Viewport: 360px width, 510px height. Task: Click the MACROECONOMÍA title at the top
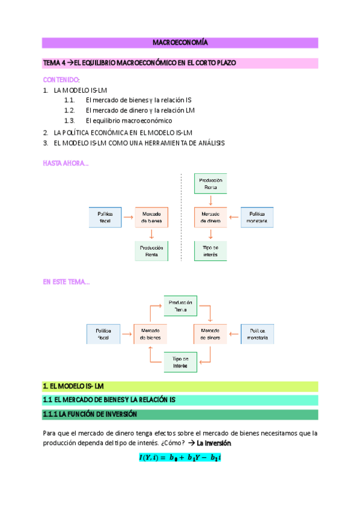pos(180,43)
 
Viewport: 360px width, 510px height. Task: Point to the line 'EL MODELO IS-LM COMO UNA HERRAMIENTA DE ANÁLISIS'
pos(139,143)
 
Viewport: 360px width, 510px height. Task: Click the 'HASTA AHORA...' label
pos(66,163)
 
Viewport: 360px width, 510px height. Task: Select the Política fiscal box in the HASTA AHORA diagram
pos(105,217)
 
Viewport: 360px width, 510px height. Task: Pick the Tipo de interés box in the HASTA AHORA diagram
pos(210,251)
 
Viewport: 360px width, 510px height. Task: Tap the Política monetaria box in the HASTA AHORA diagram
pos(257,217)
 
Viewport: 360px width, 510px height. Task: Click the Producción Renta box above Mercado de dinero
pos(210,183)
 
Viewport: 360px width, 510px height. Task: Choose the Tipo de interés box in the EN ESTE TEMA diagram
pos(180,362)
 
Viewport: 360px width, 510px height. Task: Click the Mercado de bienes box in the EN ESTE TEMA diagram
pos(150,334)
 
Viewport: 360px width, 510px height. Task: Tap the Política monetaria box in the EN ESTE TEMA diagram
pos(257,334)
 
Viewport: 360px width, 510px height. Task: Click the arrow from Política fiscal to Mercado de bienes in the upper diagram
pos(127,217)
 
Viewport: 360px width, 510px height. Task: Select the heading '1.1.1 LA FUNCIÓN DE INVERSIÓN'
pos(90,414)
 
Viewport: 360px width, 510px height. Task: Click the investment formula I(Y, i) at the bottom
pos(180,458)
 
